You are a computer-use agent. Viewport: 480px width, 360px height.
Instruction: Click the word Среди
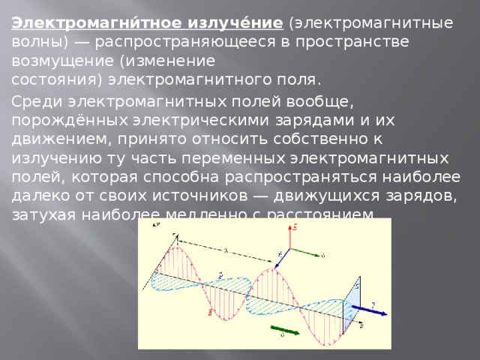[x=35, y=100]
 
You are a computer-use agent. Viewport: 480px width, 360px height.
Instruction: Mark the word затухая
[x=42, y=215]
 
